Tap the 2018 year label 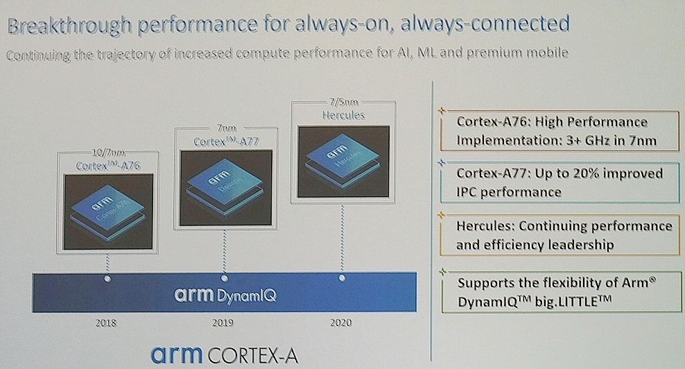[x=105, y=323]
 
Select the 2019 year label [x=223, y=323]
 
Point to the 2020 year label [x=341, y=322]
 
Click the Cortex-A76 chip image [x=108, y=211]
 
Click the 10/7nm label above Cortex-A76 [x=109, y=153]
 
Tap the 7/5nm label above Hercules [x=344, y=103]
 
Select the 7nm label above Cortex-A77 [x=224, y=129]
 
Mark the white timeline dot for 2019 [x=223, y=278]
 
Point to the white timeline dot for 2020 [x=342, y=278]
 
